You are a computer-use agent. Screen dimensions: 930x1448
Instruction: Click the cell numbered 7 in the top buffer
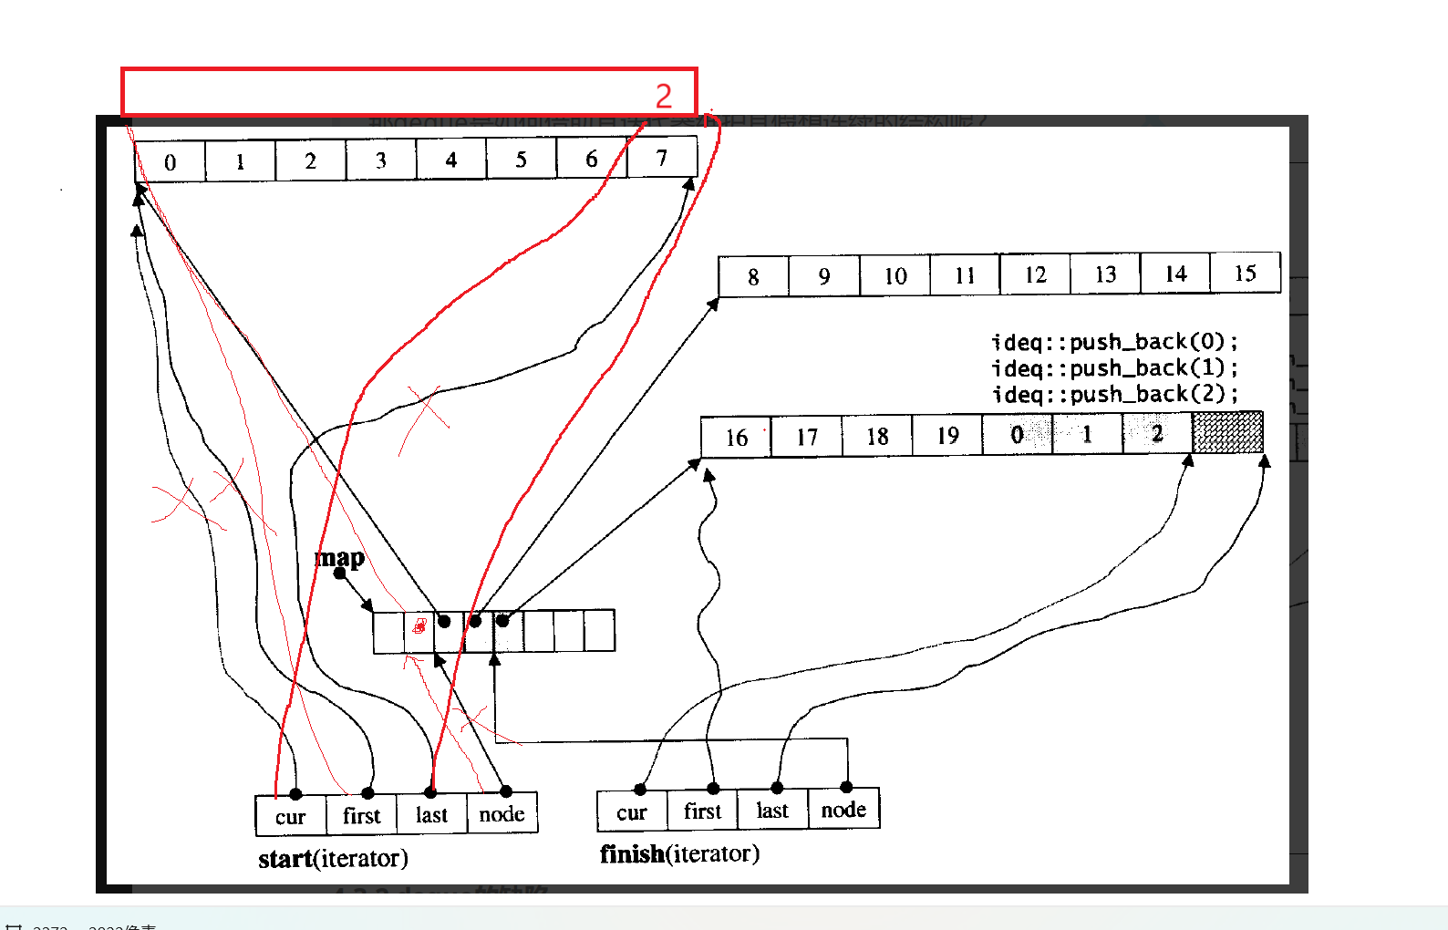click(662, 159)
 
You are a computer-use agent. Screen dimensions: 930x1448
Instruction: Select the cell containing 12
click(1035, 275)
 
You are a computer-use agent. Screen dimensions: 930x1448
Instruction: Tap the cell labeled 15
click(1245, 274)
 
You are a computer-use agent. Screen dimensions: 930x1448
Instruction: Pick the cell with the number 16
click(737, 438)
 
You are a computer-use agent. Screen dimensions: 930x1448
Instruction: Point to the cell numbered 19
click(947, 436)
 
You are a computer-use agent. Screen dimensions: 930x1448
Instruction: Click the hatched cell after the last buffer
click(1227, 432)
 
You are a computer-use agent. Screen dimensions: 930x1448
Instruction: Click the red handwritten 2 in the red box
click(664, 96)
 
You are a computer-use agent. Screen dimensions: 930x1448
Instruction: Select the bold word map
click(340, 557)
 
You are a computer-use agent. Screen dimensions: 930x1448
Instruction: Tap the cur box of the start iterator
click(291, 817)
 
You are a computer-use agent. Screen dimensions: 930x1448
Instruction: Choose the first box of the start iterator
click(362, 816)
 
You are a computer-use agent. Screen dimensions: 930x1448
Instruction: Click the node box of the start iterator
click(502, 814)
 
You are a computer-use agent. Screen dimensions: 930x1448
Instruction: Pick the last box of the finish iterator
click(772, 811)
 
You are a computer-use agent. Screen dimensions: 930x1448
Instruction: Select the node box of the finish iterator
click(843, 810)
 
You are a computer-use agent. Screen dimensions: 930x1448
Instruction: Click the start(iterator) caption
click(333, 859)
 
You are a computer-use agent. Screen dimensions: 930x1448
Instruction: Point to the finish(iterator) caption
click(679, 854)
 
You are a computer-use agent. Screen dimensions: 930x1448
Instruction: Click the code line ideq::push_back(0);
click(1114, 342)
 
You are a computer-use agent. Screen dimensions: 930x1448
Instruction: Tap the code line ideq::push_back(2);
click(1114, 395)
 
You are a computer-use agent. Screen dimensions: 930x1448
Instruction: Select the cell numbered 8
click(753, 277)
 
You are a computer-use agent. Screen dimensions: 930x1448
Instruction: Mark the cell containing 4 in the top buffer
click(451, 160)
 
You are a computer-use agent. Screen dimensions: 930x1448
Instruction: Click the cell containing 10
click(895, 276)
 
